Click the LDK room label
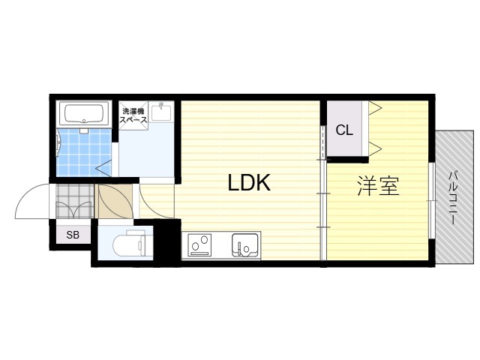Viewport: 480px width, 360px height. (249, 183)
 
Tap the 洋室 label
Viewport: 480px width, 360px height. (378, 185)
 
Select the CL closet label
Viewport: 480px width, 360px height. (344, 130)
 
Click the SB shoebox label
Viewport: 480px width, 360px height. (73, 235)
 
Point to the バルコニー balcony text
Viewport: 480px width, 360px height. (453, 198)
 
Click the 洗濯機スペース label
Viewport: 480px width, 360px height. (133, 115)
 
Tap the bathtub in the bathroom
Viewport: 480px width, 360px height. (84, 114)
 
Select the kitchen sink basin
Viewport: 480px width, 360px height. (245, 245)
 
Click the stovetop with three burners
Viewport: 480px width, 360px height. (200, 245)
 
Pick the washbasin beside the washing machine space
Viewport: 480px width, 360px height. (161, 112)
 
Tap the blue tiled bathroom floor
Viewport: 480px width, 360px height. (83, 152)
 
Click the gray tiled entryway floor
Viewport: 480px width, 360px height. (74, 201)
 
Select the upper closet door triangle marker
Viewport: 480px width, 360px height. (376, 108)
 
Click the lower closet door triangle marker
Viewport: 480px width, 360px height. (376, 148)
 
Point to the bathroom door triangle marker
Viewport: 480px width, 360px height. (103, 168)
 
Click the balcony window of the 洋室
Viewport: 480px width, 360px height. (431, 200)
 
